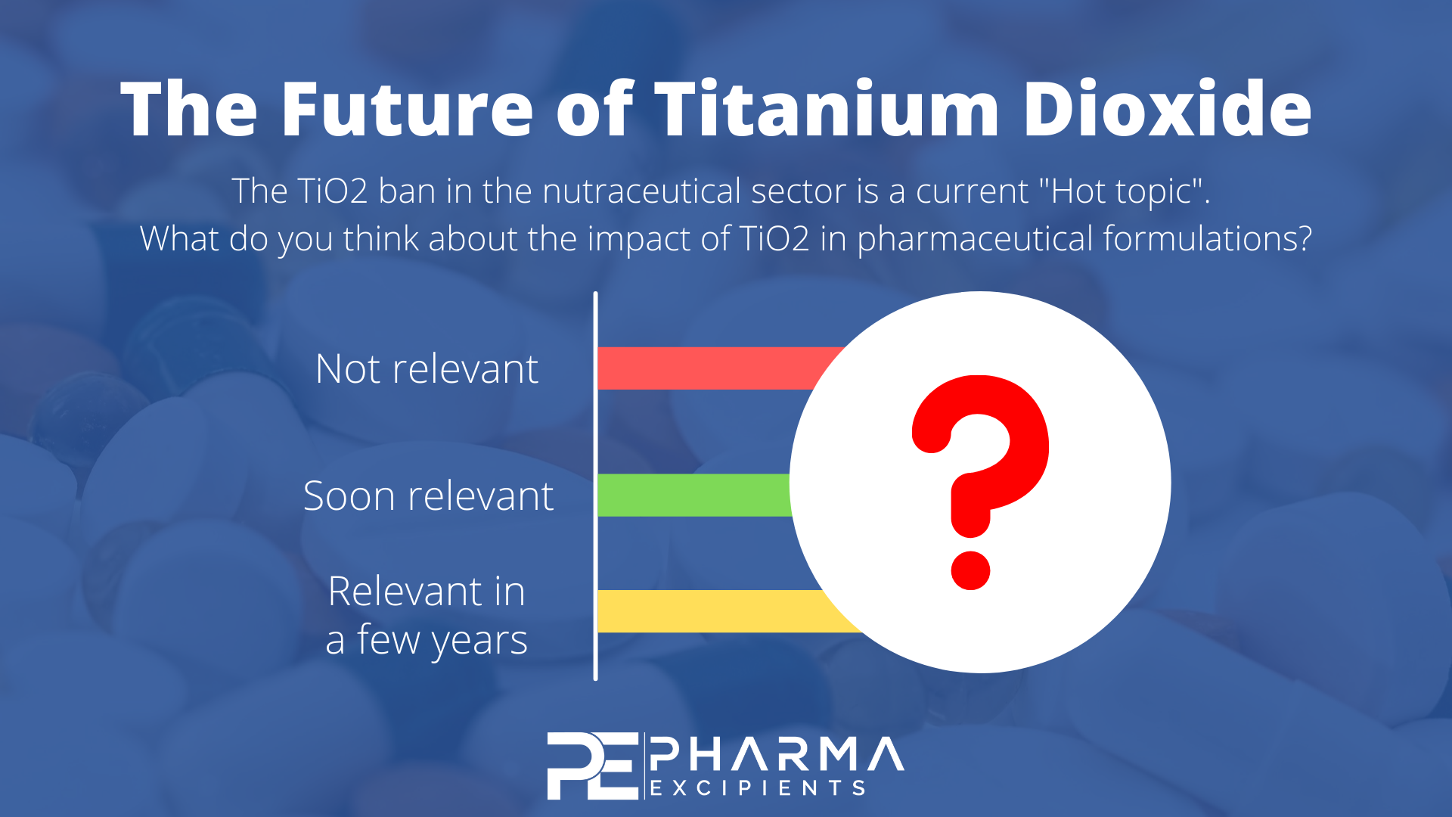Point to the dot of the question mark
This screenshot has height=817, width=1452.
(970, 570)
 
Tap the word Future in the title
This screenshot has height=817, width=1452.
(408, 109)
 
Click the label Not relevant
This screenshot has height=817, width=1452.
(427, 369)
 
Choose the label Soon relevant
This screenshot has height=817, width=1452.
(428, 496)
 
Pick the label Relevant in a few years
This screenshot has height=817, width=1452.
(427, 615)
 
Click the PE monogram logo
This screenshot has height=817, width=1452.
(592, 766)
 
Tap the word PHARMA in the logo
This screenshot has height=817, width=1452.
(777, 754)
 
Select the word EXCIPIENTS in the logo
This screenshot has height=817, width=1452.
(758, 788)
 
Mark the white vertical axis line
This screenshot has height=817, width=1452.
(596, 486)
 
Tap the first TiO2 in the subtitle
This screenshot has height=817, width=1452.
(332, 191)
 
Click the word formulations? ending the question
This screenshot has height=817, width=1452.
(1208, 239)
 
